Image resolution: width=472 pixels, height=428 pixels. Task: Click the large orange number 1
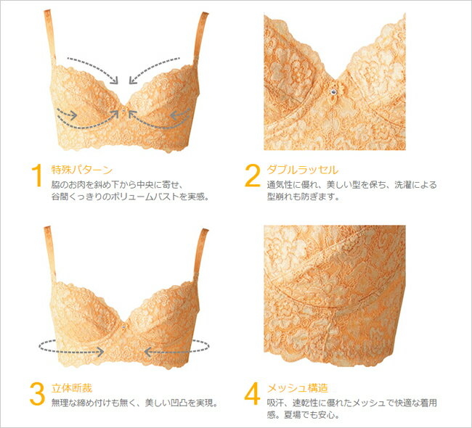tap(36, 176)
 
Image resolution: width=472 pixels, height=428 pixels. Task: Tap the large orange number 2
tap(252, 176)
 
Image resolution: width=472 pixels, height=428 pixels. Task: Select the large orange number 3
tap(37, 393)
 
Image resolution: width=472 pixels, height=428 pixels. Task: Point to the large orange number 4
tap(252, 393)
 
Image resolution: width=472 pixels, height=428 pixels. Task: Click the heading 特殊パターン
tap(82, 170)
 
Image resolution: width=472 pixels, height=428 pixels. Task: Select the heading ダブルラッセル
tap(303, 170)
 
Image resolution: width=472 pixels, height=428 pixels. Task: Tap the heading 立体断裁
tap(72, 388)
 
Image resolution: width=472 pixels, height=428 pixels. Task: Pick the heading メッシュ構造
tap(298, 388)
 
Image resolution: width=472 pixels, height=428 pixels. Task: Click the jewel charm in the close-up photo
tap(333, 91)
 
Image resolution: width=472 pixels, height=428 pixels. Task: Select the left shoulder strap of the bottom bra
tap(50, 253)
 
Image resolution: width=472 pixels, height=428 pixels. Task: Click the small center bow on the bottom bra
tap(123, 326)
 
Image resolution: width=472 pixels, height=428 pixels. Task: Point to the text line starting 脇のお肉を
tap(118, 184)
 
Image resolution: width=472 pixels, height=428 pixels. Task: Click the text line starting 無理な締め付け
tap(135, 403)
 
